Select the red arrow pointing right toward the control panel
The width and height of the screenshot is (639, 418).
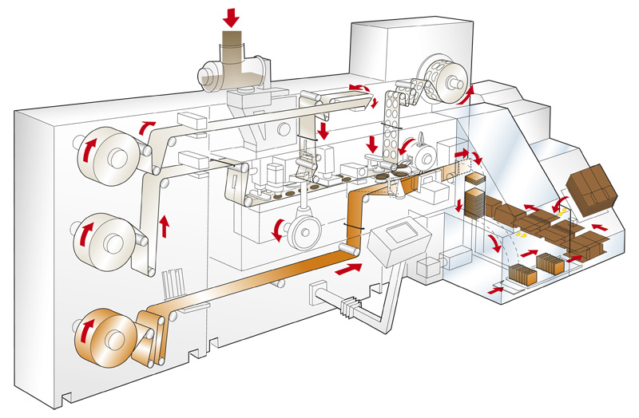coord(346,272)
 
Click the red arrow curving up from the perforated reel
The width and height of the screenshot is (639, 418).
coord(469,93)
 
